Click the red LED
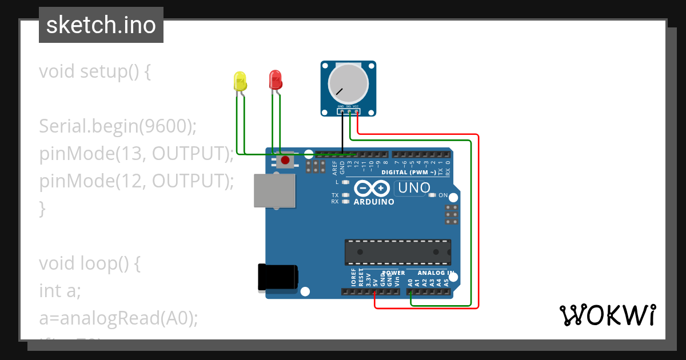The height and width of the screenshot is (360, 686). click(276, 79)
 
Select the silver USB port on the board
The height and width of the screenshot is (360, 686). click(275, 191)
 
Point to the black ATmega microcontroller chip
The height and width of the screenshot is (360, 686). click(397, 252)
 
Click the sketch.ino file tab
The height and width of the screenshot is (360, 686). click(101, 25)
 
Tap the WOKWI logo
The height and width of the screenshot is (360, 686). click(607, 315)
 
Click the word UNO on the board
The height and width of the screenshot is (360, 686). click(413, 188)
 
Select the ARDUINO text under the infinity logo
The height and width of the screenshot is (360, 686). click(374, 202)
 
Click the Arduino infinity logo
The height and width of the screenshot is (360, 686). click(373, 188)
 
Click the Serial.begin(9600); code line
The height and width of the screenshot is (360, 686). click(118, 126)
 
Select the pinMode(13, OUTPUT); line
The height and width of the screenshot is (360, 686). click(137, 154)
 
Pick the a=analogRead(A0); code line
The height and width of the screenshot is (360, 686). click(118, 318)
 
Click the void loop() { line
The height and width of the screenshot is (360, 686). click(89, 263)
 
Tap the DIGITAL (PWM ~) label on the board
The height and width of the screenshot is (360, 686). click(409, 172)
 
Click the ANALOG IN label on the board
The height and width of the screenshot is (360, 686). click(436, 273)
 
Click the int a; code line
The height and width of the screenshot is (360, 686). click(60, 291)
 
